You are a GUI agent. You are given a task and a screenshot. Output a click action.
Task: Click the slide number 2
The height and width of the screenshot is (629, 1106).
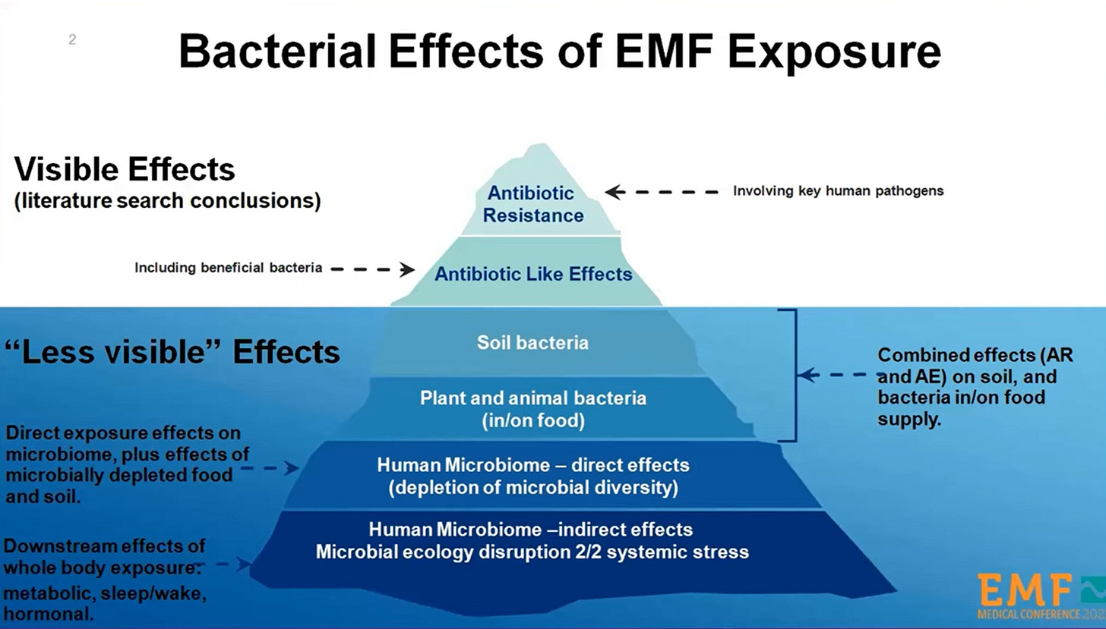[72, 39]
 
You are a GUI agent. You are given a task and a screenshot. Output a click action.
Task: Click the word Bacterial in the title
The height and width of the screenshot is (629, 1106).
[276, 51]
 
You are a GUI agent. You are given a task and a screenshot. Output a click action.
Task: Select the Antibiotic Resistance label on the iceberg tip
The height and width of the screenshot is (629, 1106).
[532, 204]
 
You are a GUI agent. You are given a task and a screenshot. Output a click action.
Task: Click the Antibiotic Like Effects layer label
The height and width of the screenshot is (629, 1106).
[533, 274]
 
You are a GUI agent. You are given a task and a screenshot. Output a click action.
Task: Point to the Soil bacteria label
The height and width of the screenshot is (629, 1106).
[532, 343]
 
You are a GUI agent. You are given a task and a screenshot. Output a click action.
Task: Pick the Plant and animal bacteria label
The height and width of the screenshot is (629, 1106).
[532, 398]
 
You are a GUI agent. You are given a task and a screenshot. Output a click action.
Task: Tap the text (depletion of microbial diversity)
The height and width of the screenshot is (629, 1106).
[532, 488]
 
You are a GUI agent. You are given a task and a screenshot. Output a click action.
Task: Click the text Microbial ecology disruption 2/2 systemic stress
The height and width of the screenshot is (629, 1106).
[532, 552]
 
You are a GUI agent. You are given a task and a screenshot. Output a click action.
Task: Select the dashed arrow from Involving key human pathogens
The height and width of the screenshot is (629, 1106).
[661, 192]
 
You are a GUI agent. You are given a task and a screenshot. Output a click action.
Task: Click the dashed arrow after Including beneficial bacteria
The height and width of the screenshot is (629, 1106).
[373, 269]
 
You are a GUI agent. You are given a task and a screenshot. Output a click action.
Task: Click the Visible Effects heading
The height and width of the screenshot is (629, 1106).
[125, 169]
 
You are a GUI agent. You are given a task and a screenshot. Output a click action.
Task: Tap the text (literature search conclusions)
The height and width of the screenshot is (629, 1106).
[167, 201]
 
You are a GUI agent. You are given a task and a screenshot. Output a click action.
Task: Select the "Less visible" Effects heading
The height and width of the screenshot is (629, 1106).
[172, 351]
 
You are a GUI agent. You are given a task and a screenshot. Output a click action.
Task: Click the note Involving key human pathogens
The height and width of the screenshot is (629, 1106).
[838, 191]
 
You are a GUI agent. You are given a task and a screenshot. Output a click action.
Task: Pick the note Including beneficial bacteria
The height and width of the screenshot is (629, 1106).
[228, 268]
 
